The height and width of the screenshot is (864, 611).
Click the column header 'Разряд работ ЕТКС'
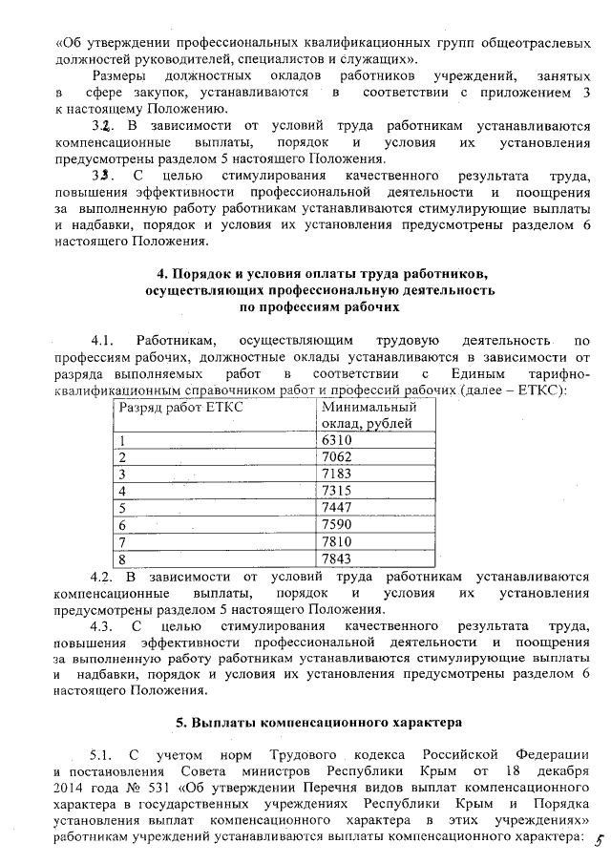coord(179,408)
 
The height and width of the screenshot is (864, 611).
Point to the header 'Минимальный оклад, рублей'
coord(368,415)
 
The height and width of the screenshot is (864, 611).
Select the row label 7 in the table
coord(121,541)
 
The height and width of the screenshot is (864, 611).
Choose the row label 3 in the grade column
coord(121,474)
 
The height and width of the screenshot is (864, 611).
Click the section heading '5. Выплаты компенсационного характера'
coord(305,718)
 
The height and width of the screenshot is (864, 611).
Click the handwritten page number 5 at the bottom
coord(599,839)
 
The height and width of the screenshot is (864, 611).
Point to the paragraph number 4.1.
coord(102,339)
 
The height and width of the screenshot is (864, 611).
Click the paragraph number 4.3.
coord(102,627)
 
